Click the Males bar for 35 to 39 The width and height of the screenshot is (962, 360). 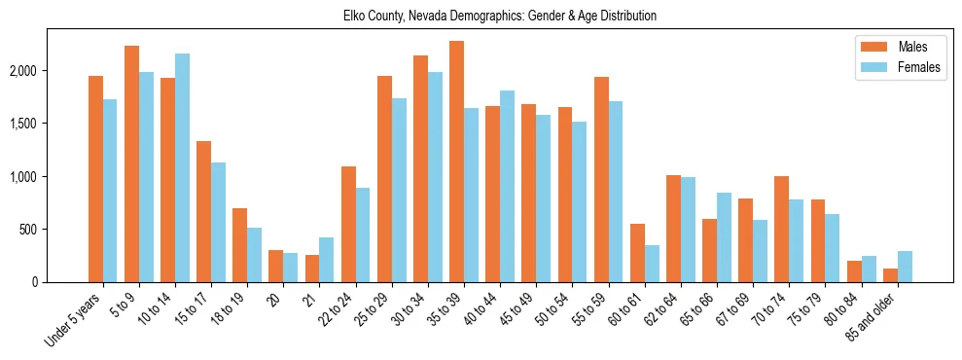click(456, 162)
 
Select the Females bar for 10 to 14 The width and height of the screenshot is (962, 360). click(182, 167)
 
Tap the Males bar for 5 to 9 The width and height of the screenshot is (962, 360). click(131, 163)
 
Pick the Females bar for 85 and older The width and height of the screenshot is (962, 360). click(905, 267)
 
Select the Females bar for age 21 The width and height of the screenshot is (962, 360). click(327, 260)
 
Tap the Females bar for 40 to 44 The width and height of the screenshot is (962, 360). click(507, 186)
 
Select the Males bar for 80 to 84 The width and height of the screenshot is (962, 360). click(853, 271)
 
